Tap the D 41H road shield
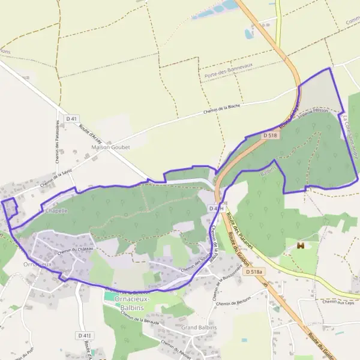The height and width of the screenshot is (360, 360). coord(217,208)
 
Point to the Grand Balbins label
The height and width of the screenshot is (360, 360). coord(199,328)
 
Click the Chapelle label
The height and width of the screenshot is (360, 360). coord(55,211)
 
